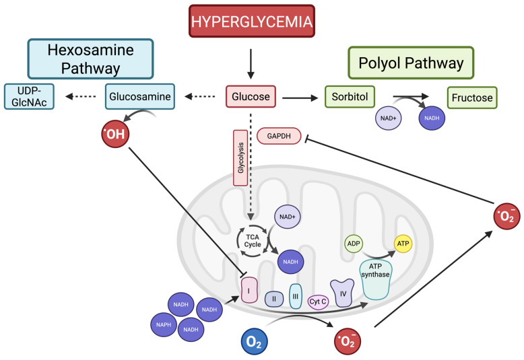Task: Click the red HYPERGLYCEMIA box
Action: pos(252,21)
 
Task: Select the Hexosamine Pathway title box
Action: pos(90,59)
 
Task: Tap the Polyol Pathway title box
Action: pos(411,63)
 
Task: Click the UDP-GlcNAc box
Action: pos(29,96)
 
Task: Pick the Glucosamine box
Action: pos(140,96)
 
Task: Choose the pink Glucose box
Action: pos(251,96)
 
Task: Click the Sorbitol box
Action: pos(350,96)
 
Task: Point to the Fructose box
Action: pos(472,98)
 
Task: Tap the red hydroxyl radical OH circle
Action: pos(115,134)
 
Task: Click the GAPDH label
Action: pos(279,136)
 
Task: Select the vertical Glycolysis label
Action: pos(240,158)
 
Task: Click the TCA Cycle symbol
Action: pos(253,240)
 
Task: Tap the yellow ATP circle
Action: pos(403,244)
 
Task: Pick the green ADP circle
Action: pos(354,244)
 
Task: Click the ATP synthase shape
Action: pos(376,279)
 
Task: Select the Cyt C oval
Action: pos(318,302)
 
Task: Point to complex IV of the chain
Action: pos(342,293)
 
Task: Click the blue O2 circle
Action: pos(255,342)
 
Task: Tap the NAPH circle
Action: pos(164,324)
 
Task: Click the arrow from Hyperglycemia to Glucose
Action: pos(251,64)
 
